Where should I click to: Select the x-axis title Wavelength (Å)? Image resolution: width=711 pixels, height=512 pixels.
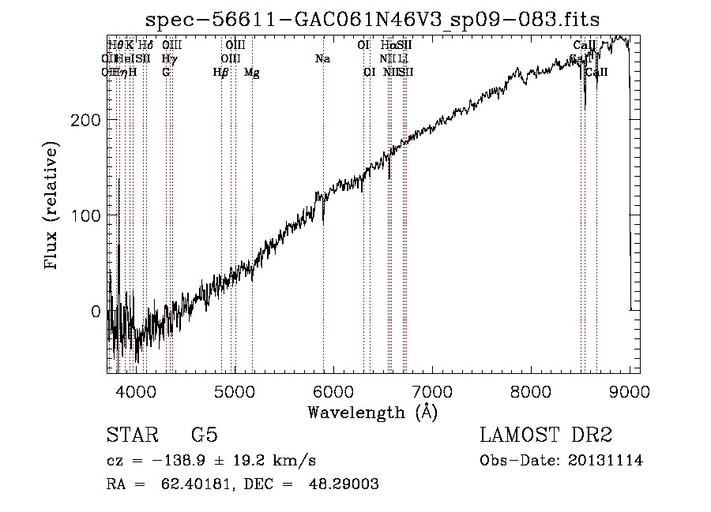tap(372, 412)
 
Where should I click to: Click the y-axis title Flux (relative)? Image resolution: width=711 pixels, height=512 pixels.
tap(53, 207)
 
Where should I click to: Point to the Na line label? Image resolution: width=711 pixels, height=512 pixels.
tap(322, 58)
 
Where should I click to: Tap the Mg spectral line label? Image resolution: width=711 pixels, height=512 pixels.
tap(252, 73)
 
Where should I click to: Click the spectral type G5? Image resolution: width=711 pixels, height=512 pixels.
tap(204, 435)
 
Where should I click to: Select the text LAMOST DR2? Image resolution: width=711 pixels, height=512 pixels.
tap(546, 435)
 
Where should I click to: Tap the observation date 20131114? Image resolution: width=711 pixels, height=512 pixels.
tap(606, 461)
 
